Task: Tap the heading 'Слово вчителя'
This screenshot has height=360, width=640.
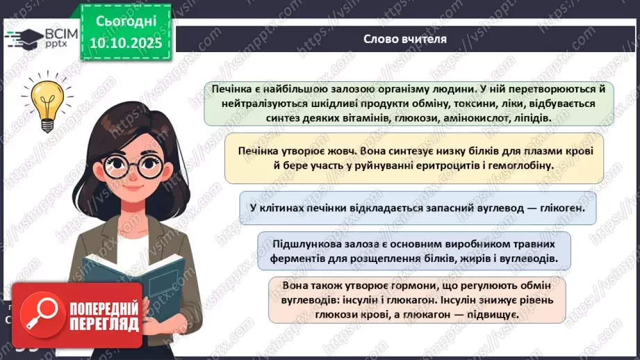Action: pyautogui.click(x=405, y=38)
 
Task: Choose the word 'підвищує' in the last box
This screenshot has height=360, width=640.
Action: pyautogui.click(x=493, y=316)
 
